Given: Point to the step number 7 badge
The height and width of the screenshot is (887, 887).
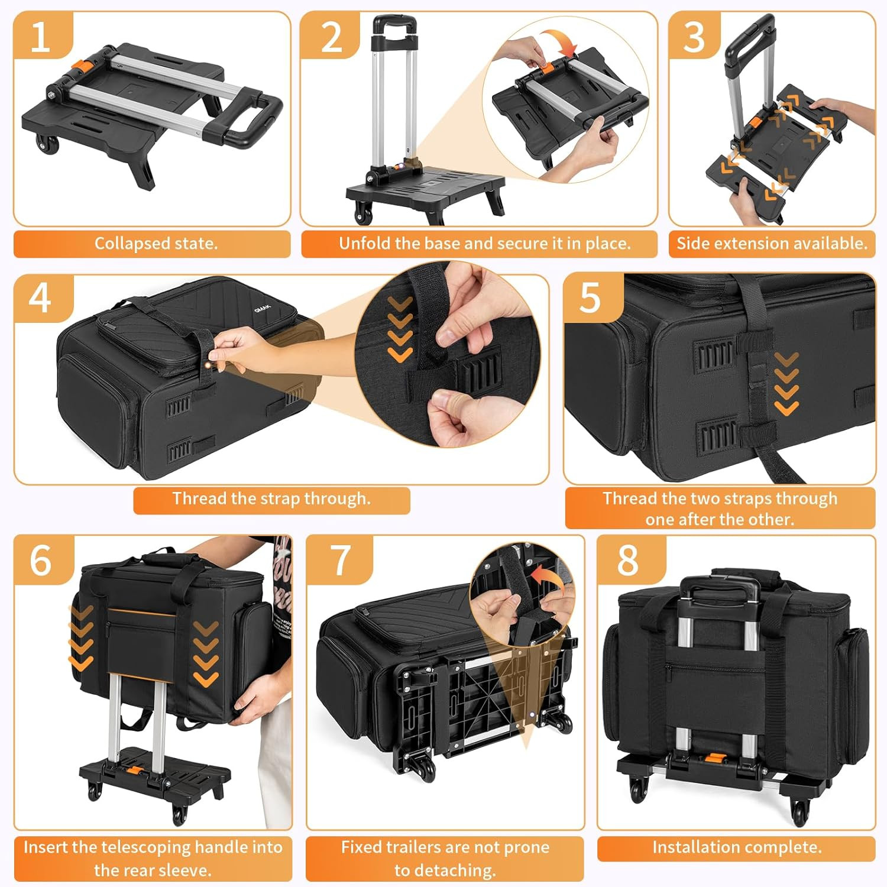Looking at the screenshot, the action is (341, 559).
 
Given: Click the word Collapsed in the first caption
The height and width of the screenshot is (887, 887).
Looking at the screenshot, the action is (131, 244).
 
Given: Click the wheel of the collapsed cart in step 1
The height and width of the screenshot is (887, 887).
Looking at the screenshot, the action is (47, 144).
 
